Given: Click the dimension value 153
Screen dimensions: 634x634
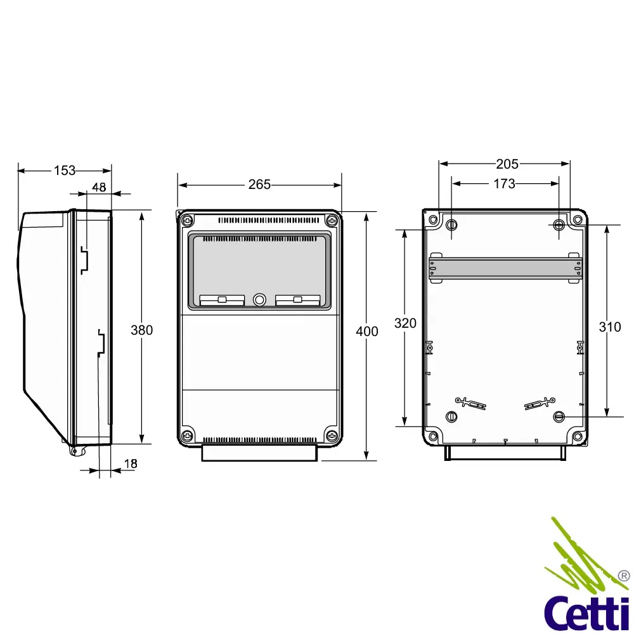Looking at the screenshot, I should coord(65,170).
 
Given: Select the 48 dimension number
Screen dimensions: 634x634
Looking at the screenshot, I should coord(99,187).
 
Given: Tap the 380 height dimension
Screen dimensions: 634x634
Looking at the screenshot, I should coord(141,330).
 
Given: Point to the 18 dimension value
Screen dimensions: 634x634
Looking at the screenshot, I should coord(130,463).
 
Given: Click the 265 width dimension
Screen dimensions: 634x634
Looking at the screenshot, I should coord(259,184).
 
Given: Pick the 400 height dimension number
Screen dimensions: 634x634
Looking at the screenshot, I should coord(366,331).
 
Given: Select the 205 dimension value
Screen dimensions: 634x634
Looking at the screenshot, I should coord(507,164).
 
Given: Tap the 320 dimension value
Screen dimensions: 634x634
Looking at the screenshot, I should coord(405,323).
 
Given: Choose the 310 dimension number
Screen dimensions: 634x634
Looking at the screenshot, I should coord(610,327).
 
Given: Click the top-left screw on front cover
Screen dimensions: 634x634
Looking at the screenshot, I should coord(187,220).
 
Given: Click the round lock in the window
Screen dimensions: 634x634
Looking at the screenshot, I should coord(259,299).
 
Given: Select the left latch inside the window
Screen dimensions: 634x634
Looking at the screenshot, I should coord(222,300).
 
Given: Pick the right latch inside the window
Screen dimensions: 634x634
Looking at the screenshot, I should coord(297,300).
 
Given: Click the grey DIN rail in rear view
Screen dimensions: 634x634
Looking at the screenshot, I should coord(505,269).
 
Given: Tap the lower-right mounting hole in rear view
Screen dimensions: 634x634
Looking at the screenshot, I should coord(559,417).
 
